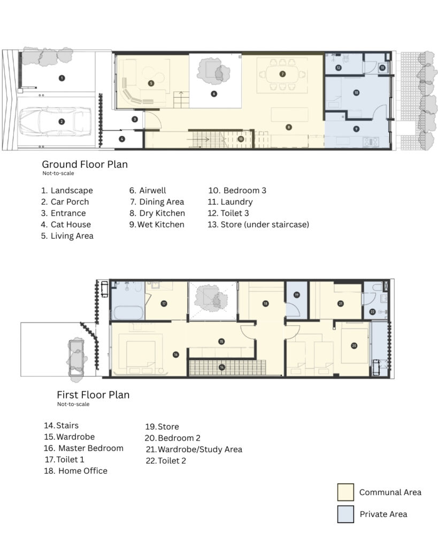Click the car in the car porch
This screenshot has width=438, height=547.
55,122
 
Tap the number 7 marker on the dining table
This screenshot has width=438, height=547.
282,74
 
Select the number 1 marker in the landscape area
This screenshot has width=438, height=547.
62,78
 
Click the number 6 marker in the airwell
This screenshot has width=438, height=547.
214,93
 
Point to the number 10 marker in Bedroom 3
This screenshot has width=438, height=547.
356,93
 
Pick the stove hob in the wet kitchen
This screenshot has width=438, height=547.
371,142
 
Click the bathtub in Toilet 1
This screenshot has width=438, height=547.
128,312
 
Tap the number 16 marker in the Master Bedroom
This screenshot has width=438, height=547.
176,355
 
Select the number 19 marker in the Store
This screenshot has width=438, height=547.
296,295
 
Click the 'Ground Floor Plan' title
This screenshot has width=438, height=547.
85,165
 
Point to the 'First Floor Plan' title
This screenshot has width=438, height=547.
93,395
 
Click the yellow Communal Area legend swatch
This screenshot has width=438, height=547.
345,492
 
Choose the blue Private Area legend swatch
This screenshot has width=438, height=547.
345,514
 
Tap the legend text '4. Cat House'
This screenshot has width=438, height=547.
66,225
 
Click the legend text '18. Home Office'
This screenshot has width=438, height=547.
76,471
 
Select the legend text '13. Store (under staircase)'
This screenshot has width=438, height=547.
258,225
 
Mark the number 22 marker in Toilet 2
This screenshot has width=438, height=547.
372,311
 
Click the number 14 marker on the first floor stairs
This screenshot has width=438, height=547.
222,367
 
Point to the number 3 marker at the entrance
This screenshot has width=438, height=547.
135,119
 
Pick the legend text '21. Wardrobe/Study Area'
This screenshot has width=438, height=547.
194,449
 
